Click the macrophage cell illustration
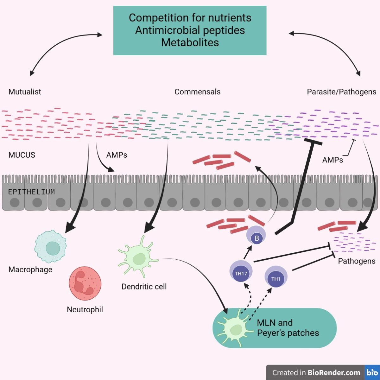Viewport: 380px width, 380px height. click(50, 247)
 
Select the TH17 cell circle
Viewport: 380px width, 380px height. click(241, 272)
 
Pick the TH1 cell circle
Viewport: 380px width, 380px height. click(276, 277)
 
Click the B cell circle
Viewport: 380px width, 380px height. click(256, 237)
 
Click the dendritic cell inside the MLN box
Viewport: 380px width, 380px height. click(236, 328)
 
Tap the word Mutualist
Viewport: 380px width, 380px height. click(25, 92)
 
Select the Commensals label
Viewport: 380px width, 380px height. click(197, 92)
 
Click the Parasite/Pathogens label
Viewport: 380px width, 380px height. click(341, 92)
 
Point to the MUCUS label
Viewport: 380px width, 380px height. click(22, 155)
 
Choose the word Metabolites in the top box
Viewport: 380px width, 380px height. click(190, 42)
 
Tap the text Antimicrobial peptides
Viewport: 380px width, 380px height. click(190, 30)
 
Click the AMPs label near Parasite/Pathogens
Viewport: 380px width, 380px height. click(332, 160)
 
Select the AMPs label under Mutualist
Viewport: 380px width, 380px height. click(117, 155)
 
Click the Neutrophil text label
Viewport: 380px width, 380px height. click(85, 309)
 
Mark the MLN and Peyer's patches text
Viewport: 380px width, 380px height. click(288, 328)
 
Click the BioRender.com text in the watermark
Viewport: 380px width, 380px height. click(334, 372)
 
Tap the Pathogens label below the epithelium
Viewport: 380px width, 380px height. click(357, 261)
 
